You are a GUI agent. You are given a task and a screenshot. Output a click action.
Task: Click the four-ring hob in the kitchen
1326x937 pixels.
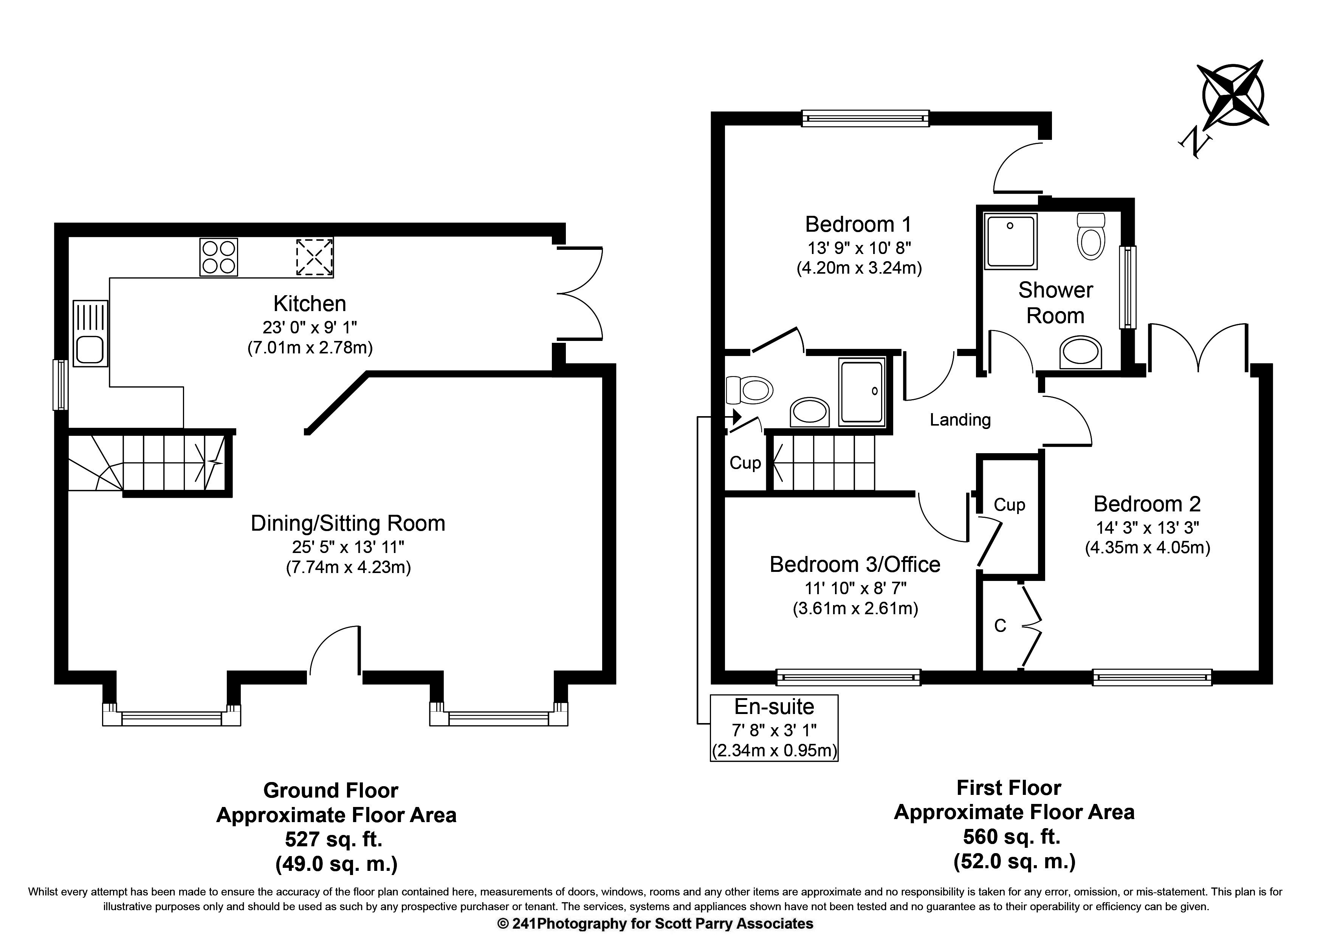pos(219,257)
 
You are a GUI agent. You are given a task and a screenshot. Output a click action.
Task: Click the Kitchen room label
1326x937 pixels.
pos(310,304)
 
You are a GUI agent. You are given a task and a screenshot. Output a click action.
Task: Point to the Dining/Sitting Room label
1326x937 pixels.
pos(348,523)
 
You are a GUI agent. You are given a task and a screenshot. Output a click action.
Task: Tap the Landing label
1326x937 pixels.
pos(960,420)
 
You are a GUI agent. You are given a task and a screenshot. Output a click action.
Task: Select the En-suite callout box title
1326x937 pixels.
pos(774,707)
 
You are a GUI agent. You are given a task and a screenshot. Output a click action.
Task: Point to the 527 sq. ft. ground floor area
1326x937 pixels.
pos(334,839)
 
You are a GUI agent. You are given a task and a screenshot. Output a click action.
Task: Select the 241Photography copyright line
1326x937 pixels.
pos(655,924)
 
